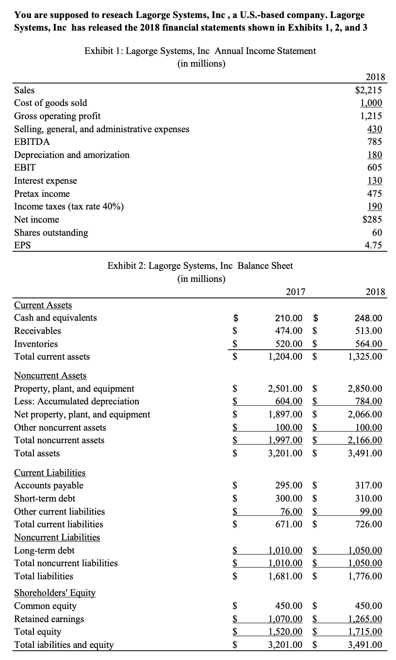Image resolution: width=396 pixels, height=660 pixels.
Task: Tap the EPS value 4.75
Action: [x=373, y=245]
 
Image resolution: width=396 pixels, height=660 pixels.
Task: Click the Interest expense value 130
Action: [x=374, y=181]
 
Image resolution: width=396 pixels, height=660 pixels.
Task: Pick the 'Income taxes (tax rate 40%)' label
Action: [x=69, y=207]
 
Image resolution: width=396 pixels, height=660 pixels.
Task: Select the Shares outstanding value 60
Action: [x=377, y=232]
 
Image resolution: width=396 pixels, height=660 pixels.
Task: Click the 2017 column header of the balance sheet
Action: [x=296, y=292]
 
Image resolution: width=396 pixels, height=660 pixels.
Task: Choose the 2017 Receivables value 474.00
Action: [x=289, y=331]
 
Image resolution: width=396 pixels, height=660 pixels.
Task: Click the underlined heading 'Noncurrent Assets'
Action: [x=50, y=376]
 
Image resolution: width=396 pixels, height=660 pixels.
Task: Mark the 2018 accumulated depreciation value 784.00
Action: [x=367, y=401]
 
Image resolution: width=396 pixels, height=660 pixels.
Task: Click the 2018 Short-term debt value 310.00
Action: [x=367, y=499]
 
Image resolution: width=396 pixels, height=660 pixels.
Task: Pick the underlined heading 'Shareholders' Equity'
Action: [x=55, y=593]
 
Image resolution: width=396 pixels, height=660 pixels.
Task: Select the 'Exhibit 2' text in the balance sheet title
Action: [x=125, y=266]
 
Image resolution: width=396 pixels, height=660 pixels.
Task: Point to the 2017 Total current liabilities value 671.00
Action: [x=289, y=524]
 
